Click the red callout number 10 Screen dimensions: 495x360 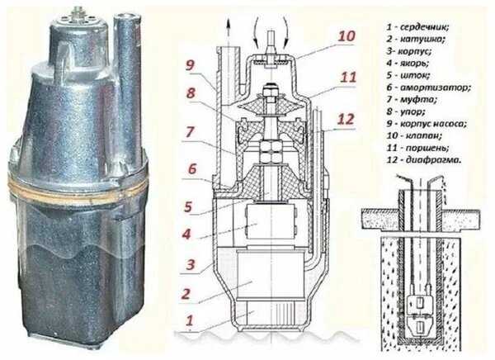(346, 36)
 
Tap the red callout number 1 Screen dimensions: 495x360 (189, 320)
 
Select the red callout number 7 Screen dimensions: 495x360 (190, 132)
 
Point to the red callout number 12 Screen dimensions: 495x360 (346, 120)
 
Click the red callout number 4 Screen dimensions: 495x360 (186, 234)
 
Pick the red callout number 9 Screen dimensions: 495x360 (190, 65)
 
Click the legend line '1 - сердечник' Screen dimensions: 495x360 (417, 27)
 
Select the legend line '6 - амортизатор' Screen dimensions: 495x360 (429, 88)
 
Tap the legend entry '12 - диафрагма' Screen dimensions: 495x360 (424, 160)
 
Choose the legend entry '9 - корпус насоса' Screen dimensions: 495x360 (427, 124)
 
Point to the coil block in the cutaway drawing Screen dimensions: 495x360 (270, 273)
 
